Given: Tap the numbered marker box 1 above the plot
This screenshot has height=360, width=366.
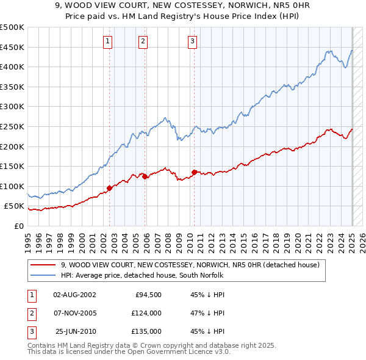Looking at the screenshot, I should (x=108, y=41).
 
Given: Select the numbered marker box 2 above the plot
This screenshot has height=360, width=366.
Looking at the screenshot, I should (x=143, y=41).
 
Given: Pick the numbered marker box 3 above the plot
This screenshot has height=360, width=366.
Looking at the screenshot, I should (x=192, y=41).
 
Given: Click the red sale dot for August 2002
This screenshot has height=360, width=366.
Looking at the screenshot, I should (x=110, y=188).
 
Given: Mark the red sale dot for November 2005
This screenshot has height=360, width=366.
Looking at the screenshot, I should (x=145, y=176).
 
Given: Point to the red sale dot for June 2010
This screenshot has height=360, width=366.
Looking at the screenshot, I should (x=194, y=172).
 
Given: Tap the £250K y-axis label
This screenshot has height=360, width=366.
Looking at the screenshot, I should (x=12, y=126).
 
